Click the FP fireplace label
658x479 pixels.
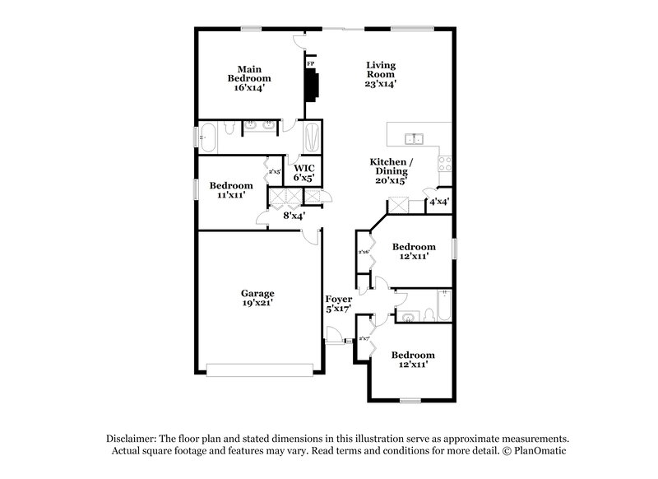310,63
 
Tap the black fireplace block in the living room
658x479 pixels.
312,83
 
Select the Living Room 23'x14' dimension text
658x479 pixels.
381,83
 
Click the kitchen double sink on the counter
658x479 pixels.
414,137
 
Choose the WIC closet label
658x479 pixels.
304,168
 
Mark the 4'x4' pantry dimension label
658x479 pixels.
438,202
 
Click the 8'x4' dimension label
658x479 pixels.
294,216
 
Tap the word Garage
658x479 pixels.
257,293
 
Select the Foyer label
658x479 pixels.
339,299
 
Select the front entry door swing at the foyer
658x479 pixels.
334,336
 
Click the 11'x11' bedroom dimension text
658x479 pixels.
231,196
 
